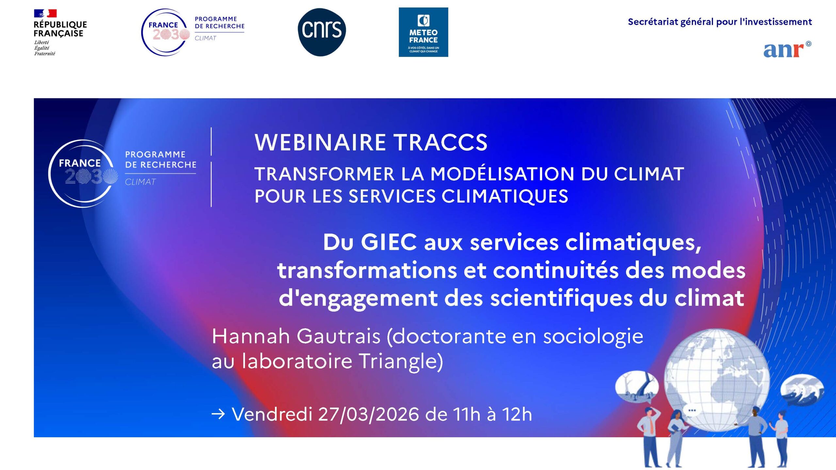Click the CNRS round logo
(x=322, y=32)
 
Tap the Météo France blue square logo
(x=423, y=32)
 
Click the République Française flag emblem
(x=45, y=13)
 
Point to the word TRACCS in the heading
(x=441, y=143)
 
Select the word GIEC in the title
(x=389, y=242)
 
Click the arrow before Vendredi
(x=218, y=414)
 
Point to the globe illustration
(x=717, y=380)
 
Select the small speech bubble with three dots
(x=692, y=410)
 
